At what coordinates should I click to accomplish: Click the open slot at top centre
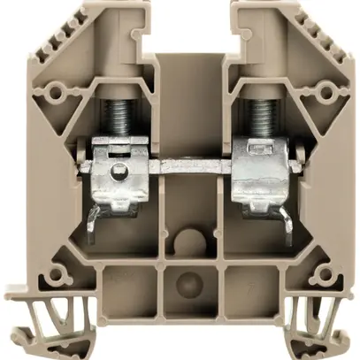pyautogui.click(x=186, y=27)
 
